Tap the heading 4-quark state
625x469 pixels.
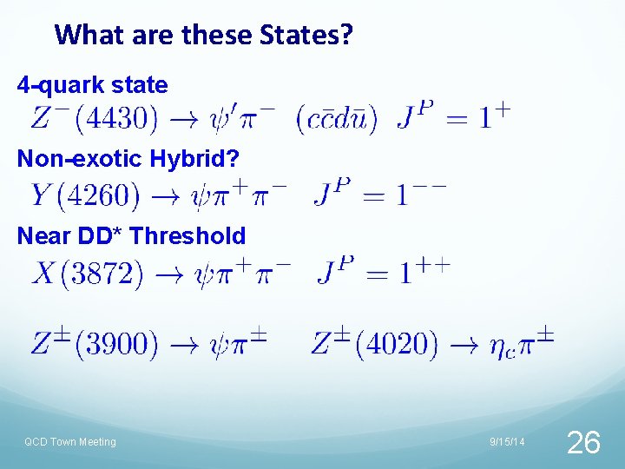tap(93, 85)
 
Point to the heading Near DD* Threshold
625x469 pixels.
tap(131, 235)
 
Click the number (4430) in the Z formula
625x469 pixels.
tap(116, 117)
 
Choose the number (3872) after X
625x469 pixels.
tap(102, 274)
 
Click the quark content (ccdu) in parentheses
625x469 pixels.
tap(337, 118)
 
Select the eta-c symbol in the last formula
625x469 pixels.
tap(497, 347)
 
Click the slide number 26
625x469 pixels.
tap(582, 443)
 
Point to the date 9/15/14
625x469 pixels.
tap(507, 442)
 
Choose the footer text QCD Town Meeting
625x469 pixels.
tap(70, 442)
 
